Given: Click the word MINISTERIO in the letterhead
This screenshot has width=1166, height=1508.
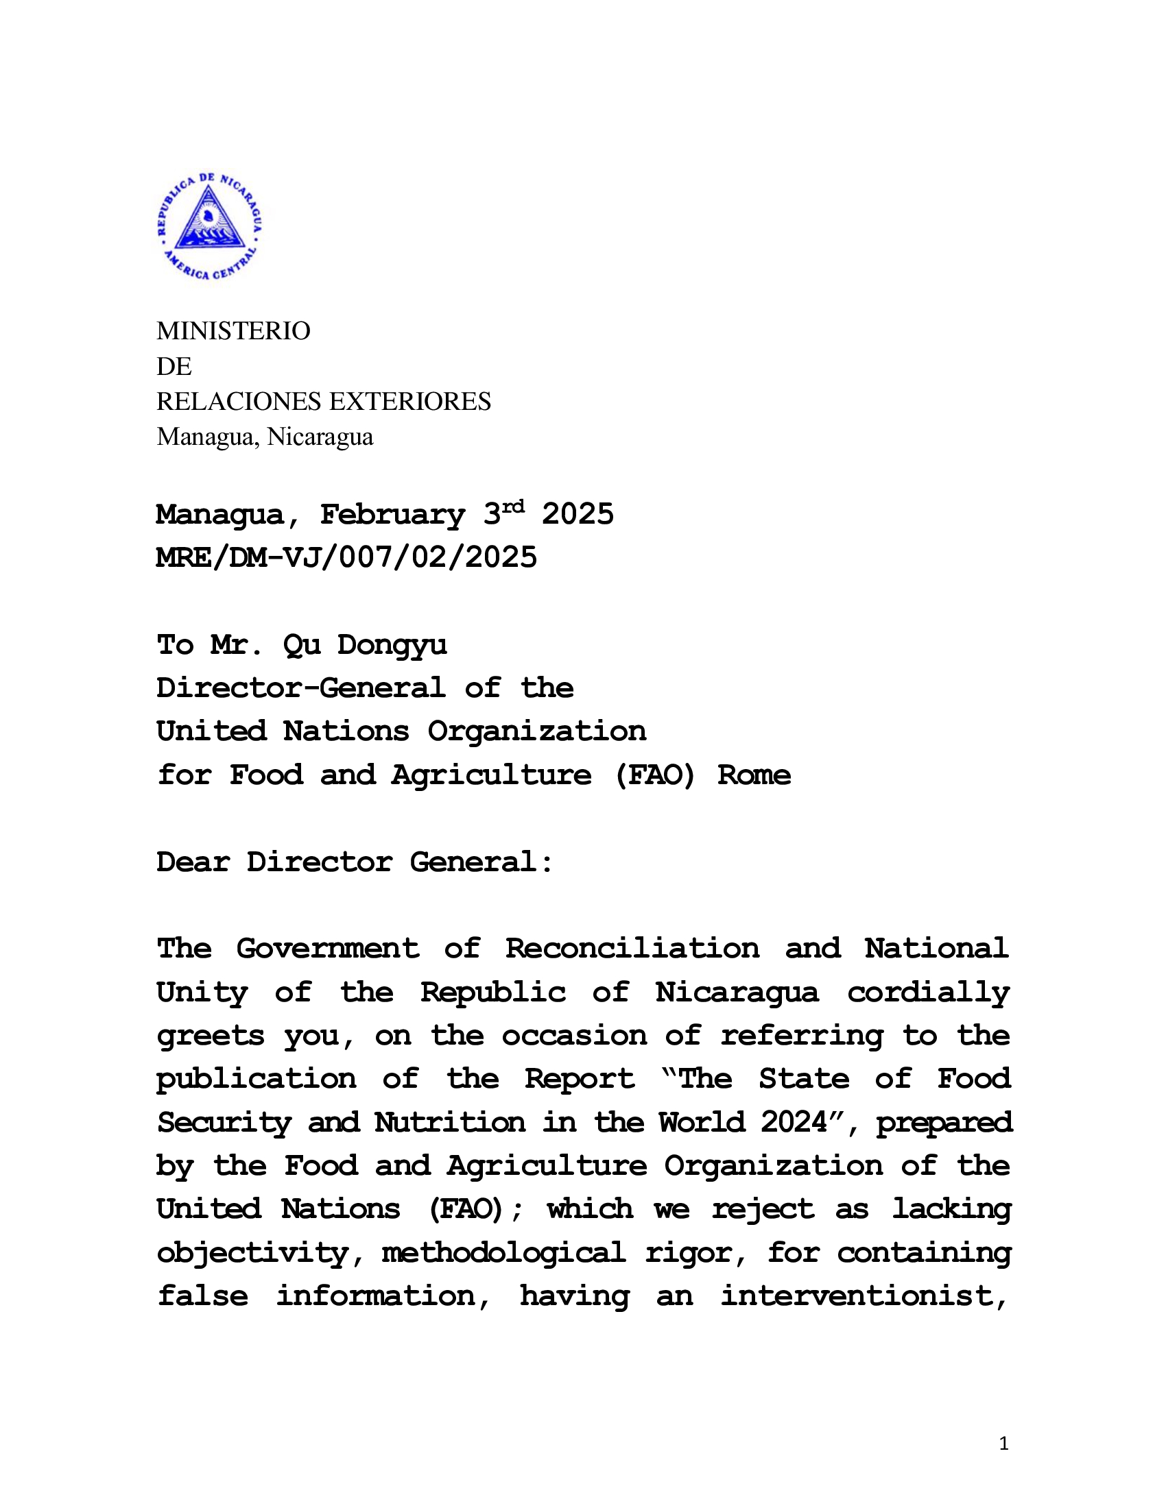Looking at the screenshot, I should [233, 332].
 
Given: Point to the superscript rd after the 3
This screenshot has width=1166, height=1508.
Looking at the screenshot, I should [512, 507].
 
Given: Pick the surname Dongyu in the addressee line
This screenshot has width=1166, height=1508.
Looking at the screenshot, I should [392, 646].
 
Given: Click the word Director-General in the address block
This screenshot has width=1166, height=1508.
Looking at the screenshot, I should [300, 688].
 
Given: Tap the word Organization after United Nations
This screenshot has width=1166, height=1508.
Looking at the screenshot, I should [537, 732].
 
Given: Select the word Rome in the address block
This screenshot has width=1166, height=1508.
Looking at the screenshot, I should [754, 775].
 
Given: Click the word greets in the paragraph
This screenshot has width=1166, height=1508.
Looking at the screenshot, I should [210, 1036].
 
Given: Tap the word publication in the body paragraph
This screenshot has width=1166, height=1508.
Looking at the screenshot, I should [257, 1080].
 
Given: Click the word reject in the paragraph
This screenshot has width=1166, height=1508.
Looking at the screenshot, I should [763, 1210].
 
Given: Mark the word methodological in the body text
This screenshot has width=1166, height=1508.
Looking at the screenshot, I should [503, 1253].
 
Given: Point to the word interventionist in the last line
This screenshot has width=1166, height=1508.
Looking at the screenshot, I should [864, 1297].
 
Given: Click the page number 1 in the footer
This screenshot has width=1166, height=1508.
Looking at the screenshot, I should [1003, 1444].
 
